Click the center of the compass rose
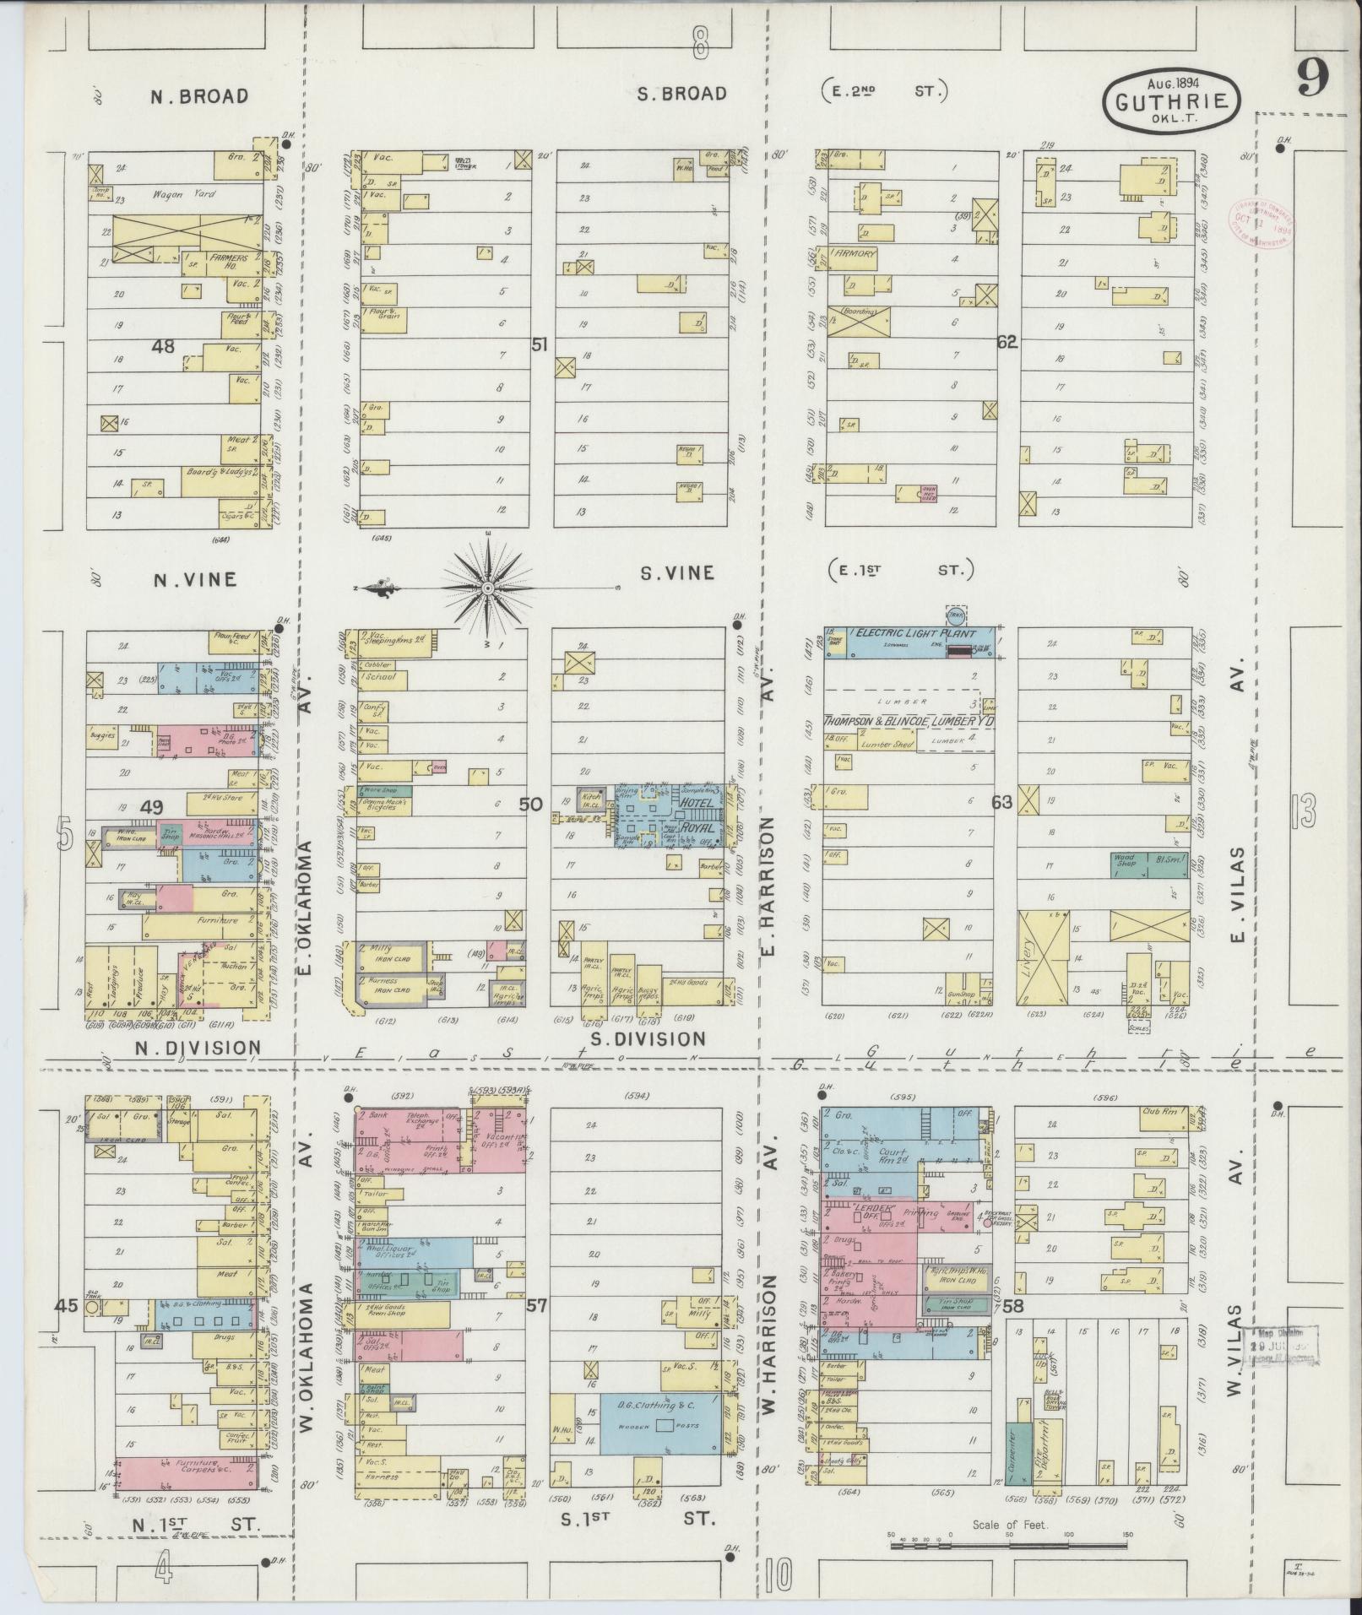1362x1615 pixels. pos(488,586)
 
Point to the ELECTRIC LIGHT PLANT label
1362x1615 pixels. pos(913,633)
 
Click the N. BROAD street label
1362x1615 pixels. pos(199,96)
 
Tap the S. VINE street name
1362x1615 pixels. pos(677,573)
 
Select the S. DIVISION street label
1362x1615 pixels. pos(648,1038)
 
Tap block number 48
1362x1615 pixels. pos(163,346)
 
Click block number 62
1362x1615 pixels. pos(1007,342)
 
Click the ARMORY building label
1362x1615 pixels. pos(855,253)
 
